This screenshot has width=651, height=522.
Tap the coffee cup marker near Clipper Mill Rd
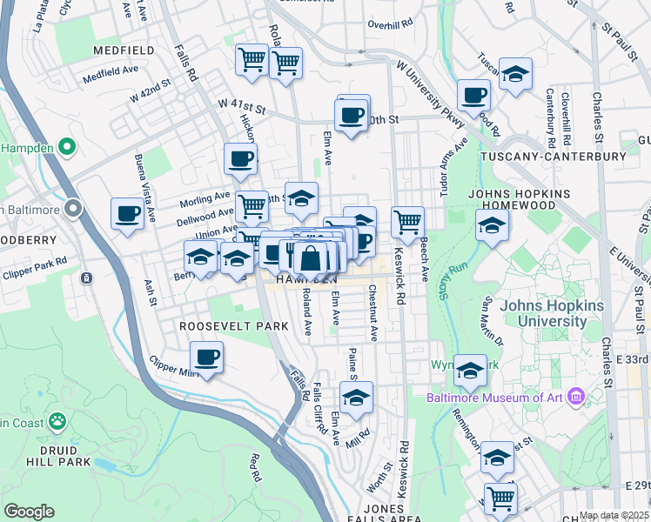(207, 357)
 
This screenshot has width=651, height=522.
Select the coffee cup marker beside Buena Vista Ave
(128, 214)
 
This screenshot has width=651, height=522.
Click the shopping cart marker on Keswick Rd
(407, 223)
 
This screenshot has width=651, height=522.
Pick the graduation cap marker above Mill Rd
(356, 398)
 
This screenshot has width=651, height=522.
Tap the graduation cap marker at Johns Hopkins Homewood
(492, 226)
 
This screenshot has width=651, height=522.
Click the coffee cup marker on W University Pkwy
(473, 95)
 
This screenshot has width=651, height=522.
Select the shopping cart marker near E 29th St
(501, 499)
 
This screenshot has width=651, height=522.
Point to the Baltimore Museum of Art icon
(574, 398)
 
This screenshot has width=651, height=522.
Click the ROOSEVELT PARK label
(221, 325)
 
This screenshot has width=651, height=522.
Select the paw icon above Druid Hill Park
(57, 422)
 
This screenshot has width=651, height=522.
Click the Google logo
(29, 511)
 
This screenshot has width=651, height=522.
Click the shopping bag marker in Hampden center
(310, 258)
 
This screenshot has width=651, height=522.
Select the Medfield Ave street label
(111, 74)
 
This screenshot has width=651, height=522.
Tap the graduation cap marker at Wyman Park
(470, 372)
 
